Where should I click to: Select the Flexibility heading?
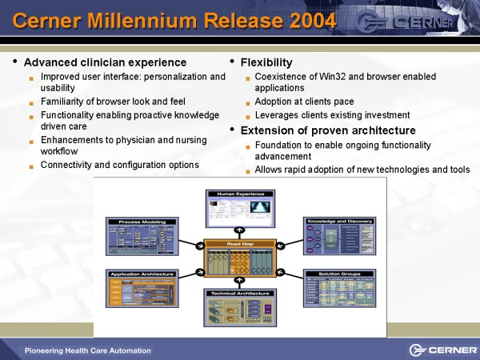coord(266,62)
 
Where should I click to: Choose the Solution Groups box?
coord(338,289)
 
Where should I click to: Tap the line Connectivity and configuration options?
coord(119,165)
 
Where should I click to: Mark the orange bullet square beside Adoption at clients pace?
coord(248,103)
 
